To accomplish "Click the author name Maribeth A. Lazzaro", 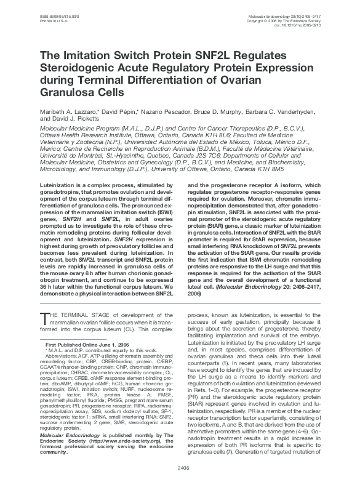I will pos(68,113).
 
